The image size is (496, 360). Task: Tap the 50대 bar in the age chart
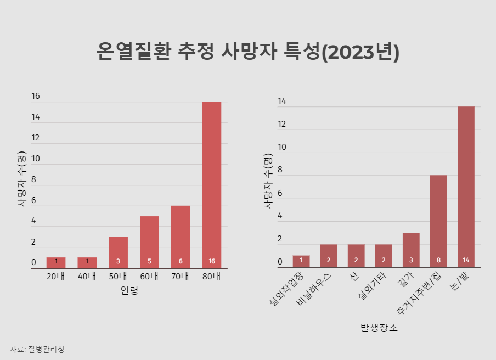[x=118, y=252]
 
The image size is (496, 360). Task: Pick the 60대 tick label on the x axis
[x=149, y=276]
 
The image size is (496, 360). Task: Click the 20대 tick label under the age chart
[x=55, y=276]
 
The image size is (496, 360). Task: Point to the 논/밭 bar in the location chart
[x=466, y=187]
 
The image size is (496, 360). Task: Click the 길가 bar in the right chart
[x=411, y=250]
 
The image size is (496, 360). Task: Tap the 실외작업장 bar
[x=301, y=262]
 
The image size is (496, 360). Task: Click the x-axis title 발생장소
[x=379, y=328]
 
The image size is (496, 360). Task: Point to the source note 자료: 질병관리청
[x=37, y=349]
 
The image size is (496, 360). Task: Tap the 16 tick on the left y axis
[x=36, y=97]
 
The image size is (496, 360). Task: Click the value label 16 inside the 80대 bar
[x=212, y=261]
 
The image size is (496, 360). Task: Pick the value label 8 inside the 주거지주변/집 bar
[x=438, y=260]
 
